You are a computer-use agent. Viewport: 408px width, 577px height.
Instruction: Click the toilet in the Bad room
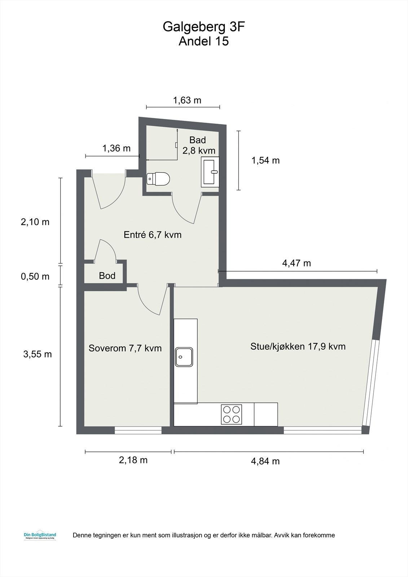[x=159, y=179]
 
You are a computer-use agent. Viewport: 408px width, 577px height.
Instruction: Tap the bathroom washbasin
[x=210, y=172]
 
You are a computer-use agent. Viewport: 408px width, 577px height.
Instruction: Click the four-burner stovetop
[x=231, y=414]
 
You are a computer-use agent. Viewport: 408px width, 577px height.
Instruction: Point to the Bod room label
[x=107, y=276]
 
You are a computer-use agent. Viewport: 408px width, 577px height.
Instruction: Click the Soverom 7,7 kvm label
[x=125, y=348]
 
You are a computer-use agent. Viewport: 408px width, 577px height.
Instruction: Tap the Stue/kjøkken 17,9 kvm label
[x=298, y=347]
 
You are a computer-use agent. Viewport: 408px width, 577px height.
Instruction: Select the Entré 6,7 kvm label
[x=152, y=235]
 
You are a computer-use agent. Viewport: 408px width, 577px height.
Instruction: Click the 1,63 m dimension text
[x=187, y=100]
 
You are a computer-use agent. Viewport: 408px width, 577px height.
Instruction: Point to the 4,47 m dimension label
[x=296, y=263]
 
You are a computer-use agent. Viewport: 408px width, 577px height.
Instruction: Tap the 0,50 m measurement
[x=35, y=277]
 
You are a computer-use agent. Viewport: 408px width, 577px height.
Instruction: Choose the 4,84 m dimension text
[x=265, y=461]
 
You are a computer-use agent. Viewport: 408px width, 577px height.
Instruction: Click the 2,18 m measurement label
[x=133, y=460]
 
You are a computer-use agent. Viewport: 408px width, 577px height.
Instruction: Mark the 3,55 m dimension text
[x=38, y=354]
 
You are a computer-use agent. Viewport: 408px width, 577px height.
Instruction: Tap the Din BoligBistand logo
[x=38, y=536]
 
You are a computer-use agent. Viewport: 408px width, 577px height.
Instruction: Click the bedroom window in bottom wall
[x=138, y=430]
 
